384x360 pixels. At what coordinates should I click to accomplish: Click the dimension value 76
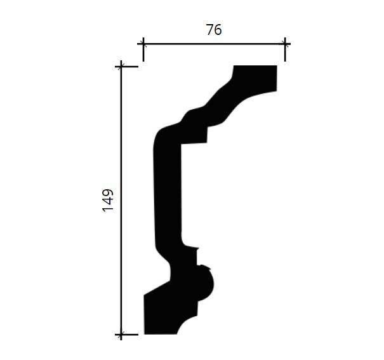pyautogui.click(x=214, y=30)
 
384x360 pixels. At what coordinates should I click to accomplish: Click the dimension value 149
pyautogui.click(x=108, y=200)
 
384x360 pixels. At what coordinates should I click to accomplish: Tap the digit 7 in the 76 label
pyautogui.click(x=210, y=30)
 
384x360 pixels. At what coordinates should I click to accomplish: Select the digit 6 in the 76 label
pyautogui.click(x=218, y=30)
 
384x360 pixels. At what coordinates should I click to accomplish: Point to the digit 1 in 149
pyautogui.click(x=108, y=209)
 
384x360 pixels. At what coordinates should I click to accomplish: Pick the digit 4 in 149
pyautogui.click(x=108, y=201)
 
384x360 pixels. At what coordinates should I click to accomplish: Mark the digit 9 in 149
pyautogui.click(x=108, y=192)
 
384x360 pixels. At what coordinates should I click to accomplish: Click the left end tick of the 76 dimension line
pyautogui.click(x=143, y=44)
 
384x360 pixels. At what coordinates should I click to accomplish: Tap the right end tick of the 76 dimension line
pyautogui.click(x=285, y=44)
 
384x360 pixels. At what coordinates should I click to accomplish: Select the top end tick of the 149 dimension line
pyautogui.click(x=121, y=67)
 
